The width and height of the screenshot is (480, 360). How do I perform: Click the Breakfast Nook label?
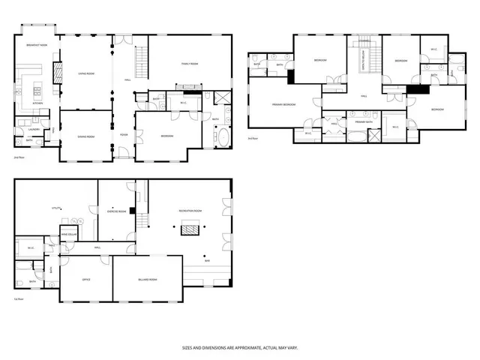pyautogui.click(x=38, y=45)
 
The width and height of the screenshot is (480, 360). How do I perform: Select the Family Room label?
pyautogui.click(x=189, y=64)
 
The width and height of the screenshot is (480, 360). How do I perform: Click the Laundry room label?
pyautogui.click(x=24, y=129)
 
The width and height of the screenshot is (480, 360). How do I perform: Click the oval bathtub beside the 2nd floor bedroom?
pyautogui.click(x=223, y=139)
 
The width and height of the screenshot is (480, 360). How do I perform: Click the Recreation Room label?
pyautogui.click(x=191, y=211)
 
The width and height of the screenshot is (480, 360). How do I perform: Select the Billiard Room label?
pyautogui.click(x=148, y=279)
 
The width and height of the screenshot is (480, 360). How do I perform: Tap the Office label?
pyautogui.click(x=85, y=279)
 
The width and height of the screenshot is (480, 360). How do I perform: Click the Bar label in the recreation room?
pyautogui.click(x=207, y=260)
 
